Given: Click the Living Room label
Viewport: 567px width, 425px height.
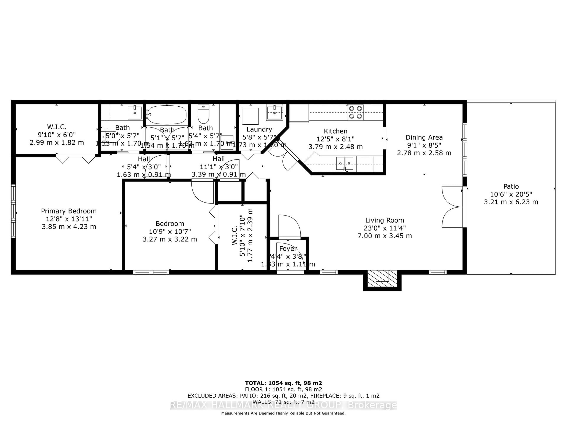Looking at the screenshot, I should tap(384, 220).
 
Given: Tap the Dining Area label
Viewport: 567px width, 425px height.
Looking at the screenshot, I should tap(424, 138).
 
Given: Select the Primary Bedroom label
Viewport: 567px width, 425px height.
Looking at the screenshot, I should tap(69, 211).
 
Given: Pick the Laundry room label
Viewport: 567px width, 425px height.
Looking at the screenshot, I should tap(259, 129).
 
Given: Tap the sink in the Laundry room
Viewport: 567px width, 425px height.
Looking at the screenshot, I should tap(274, 113).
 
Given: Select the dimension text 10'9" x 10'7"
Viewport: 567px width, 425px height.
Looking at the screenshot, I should tap(170, 232).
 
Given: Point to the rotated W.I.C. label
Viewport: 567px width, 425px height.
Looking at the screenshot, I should tap(234, 236).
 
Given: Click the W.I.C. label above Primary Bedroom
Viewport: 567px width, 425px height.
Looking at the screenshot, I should tap(57, 127).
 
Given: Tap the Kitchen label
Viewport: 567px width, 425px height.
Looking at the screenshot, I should tap(335, 131).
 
